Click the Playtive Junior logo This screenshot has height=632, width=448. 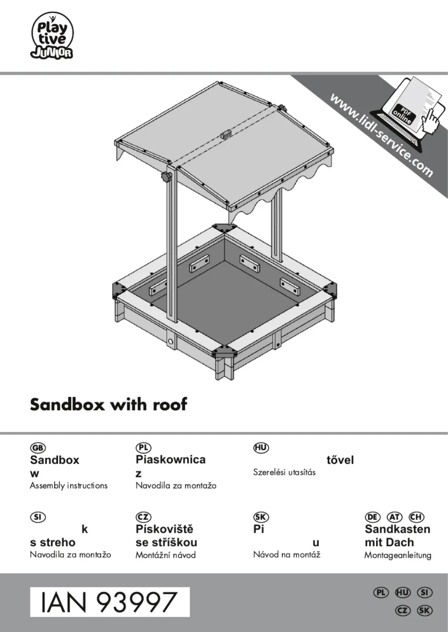52,36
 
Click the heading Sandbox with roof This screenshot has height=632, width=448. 109,404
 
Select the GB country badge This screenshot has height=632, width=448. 38,448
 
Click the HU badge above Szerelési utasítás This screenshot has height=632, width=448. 261,448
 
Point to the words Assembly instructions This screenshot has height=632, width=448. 69,485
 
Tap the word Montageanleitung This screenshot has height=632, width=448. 397,555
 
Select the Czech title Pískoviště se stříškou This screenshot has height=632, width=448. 166,536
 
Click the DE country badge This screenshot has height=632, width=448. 372,517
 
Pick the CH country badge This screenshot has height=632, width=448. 416,517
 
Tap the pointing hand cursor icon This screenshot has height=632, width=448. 431,121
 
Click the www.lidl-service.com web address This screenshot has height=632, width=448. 381,135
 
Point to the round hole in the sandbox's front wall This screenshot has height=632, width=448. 171,342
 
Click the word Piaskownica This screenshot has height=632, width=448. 170,460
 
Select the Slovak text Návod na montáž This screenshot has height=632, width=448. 286,555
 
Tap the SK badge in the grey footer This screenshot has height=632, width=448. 424,610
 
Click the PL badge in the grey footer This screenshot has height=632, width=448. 381,593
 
